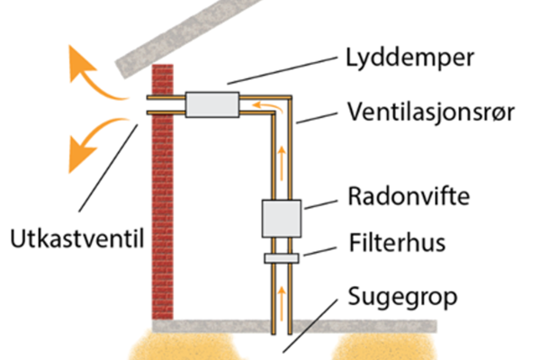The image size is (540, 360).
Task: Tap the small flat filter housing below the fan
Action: [x=282, y=258]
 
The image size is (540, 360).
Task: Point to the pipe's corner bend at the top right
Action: [x=286, y=102]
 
